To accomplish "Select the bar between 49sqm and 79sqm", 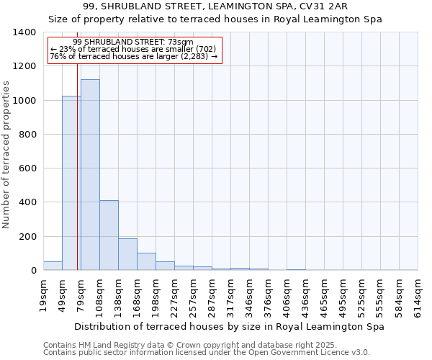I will point(71,183).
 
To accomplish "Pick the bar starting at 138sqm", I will point(127,254).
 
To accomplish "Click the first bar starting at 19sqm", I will point(53,266).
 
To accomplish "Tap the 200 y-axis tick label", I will point(27,237).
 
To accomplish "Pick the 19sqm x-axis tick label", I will point(44,294).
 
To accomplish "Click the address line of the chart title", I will point(216,6).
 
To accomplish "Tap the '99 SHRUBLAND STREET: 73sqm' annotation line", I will point(133,42).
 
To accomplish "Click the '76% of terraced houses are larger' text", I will point(133,57).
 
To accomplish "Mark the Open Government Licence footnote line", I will point(207,353).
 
